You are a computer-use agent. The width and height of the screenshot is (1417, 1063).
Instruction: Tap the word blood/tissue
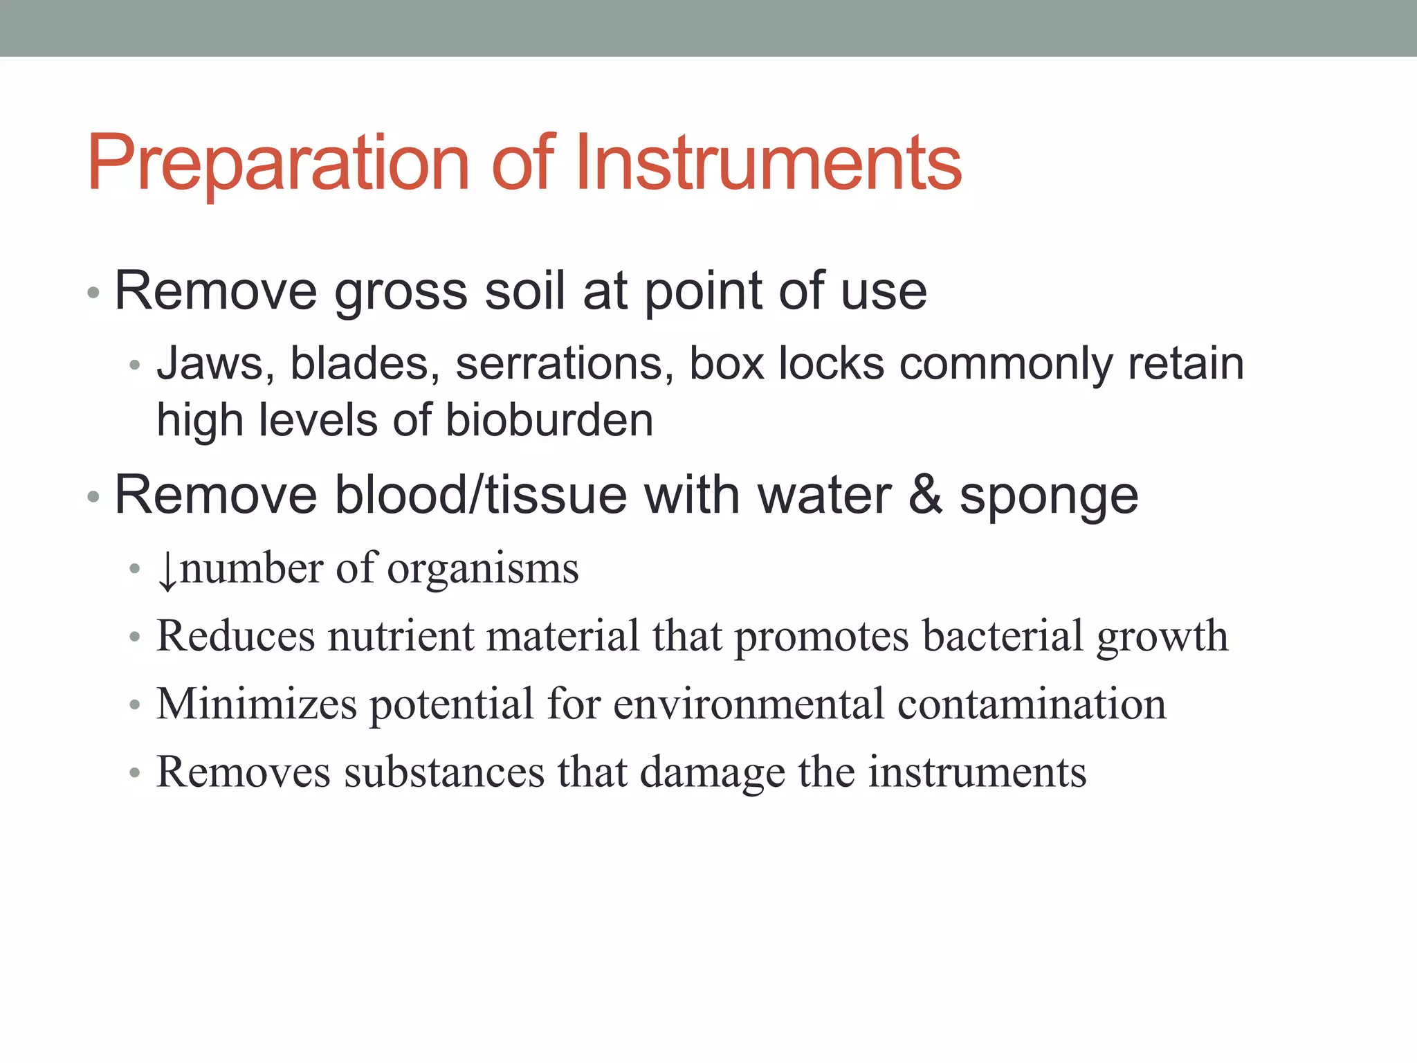click(x=480, y=496)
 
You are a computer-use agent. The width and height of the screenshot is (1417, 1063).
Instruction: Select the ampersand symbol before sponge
click(x=925, y=496)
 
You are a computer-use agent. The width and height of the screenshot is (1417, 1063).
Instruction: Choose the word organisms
click(x=483, y=570)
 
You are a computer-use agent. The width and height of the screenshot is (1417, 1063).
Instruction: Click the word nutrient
click(x=401, y=636)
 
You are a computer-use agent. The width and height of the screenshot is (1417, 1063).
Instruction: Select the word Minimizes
click(x=257, y=704)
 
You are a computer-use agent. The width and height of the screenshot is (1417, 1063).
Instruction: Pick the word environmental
click(x=748, y=704)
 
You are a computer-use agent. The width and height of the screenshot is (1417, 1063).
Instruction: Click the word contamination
click(x=1032, y=704)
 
